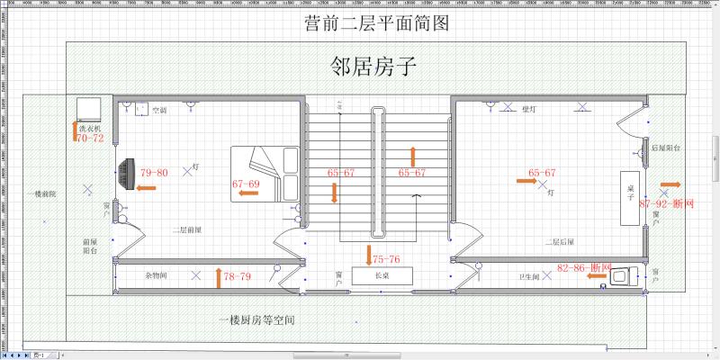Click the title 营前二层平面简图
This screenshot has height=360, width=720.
[x=376, y=24]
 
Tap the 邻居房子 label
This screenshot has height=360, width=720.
[x=375, y=67]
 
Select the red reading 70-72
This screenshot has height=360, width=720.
[x=89, y=139]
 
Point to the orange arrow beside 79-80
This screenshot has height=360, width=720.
[x=145, y=188]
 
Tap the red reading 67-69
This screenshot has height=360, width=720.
[x=246, y=184]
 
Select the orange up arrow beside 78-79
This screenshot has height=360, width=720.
[x=218, y=276]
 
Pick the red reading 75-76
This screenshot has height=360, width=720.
[x=386, y=259]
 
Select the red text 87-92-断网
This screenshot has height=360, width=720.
[x=667, y=204]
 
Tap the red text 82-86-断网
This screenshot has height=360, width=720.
[x=584, y=268]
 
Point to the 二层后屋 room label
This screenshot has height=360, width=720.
[x=559, y=242]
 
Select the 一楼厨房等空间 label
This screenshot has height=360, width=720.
[x=257, y=320]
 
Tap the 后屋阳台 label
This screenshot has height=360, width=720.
[x=665, y=146]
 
